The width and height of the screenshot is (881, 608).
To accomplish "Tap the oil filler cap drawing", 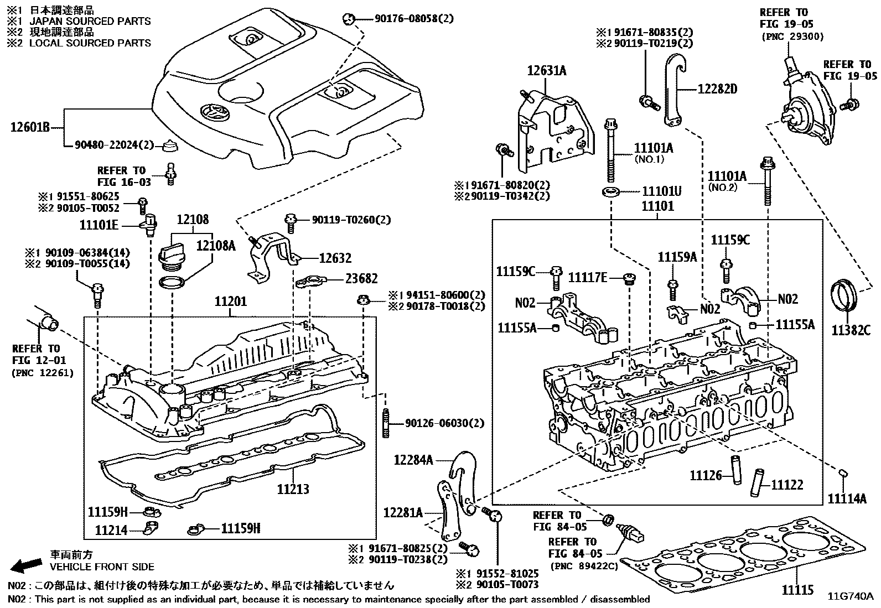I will tap(172, 256).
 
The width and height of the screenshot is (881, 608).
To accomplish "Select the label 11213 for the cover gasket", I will tap(293, 489).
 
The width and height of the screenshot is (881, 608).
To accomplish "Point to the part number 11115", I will tap(797, 590).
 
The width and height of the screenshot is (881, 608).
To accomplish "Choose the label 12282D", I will tap(717, 88).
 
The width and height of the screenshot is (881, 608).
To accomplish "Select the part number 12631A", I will tap(546, 71).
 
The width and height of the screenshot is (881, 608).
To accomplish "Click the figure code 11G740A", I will tap(851, 596).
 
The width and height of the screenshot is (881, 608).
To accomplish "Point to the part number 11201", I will tap(231, 302).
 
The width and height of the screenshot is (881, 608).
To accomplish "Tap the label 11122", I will tap(787, 485).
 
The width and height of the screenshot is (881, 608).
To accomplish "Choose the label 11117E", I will tap(588, 277).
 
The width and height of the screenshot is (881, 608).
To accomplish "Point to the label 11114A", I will tap(847, 498).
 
